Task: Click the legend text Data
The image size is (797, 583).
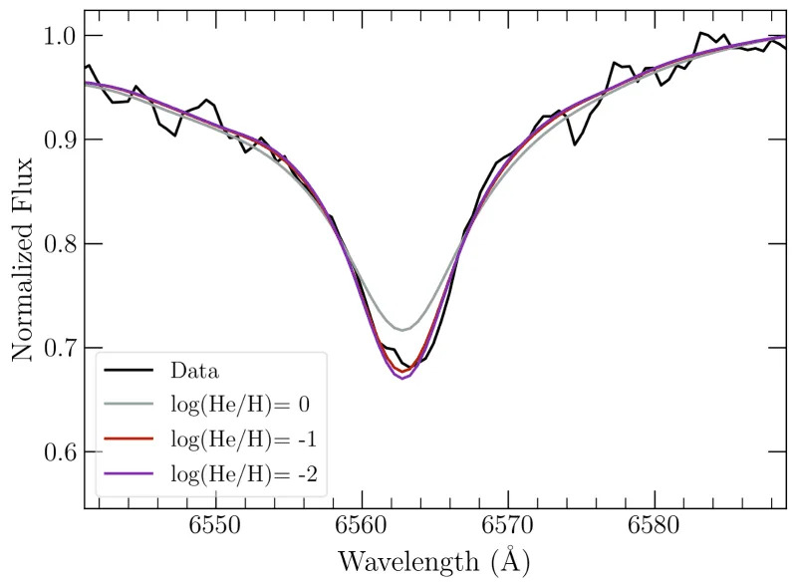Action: pyautogui.click(x=195, y=371)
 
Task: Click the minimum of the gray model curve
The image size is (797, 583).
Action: pyautogui.click(x=402, y=329)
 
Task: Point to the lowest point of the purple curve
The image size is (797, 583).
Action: pyautogui.click(x=402, y=379)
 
